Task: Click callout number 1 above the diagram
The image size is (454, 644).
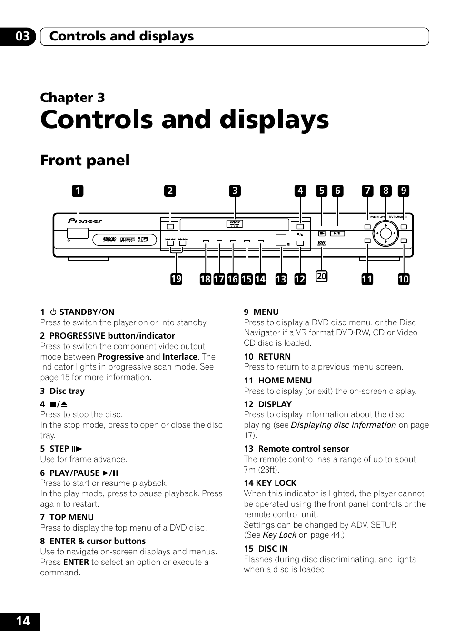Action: (77, 191)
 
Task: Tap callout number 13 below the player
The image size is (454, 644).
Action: (281, 279)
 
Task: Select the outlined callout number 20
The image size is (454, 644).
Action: (322, 276)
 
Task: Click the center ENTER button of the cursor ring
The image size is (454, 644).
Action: (385, 233)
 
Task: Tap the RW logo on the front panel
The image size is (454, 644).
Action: (321, 243)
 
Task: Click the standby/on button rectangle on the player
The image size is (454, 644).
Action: (77, 233)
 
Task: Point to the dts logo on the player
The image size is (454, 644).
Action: (143, 240)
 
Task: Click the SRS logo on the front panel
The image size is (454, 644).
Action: (110, 240)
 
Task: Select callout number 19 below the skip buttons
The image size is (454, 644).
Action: (176, 279)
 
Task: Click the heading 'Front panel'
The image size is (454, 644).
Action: (85, 161)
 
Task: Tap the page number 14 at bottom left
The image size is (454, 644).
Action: (22, 621)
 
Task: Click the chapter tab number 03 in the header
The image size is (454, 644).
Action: (22, 36)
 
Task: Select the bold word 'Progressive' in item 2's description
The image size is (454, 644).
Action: (120, 357)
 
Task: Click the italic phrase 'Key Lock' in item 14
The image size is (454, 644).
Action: (279, 535)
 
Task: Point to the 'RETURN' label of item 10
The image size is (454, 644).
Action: (274, 357)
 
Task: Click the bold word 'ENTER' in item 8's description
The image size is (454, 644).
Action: (76, 562)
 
